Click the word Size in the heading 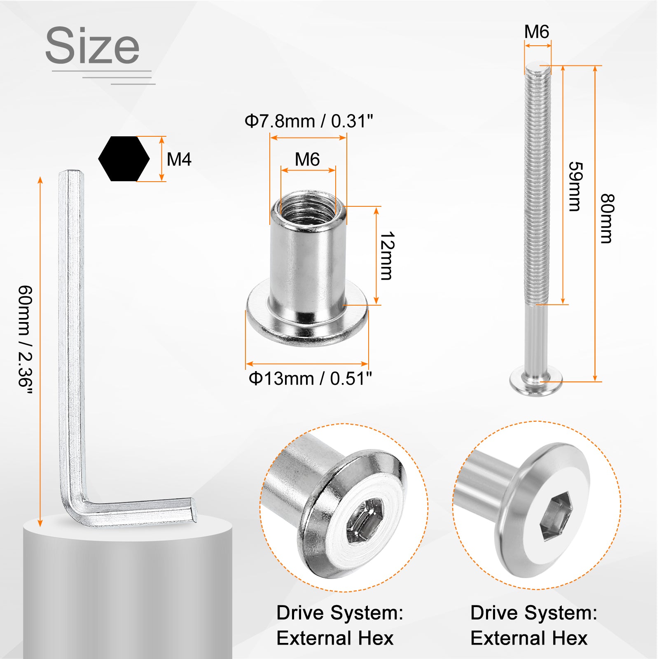[x=92, y=45]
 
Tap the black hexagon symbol [x=124, y=159]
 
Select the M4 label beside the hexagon [x=179, y=159]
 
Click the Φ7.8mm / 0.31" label [x=308, y=121]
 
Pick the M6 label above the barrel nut [x=307, y=159]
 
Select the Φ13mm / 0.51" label [x=310, y=378]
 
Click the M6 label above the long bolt [x=537, y=32]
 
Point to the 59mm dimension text [x=575, y=186]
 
